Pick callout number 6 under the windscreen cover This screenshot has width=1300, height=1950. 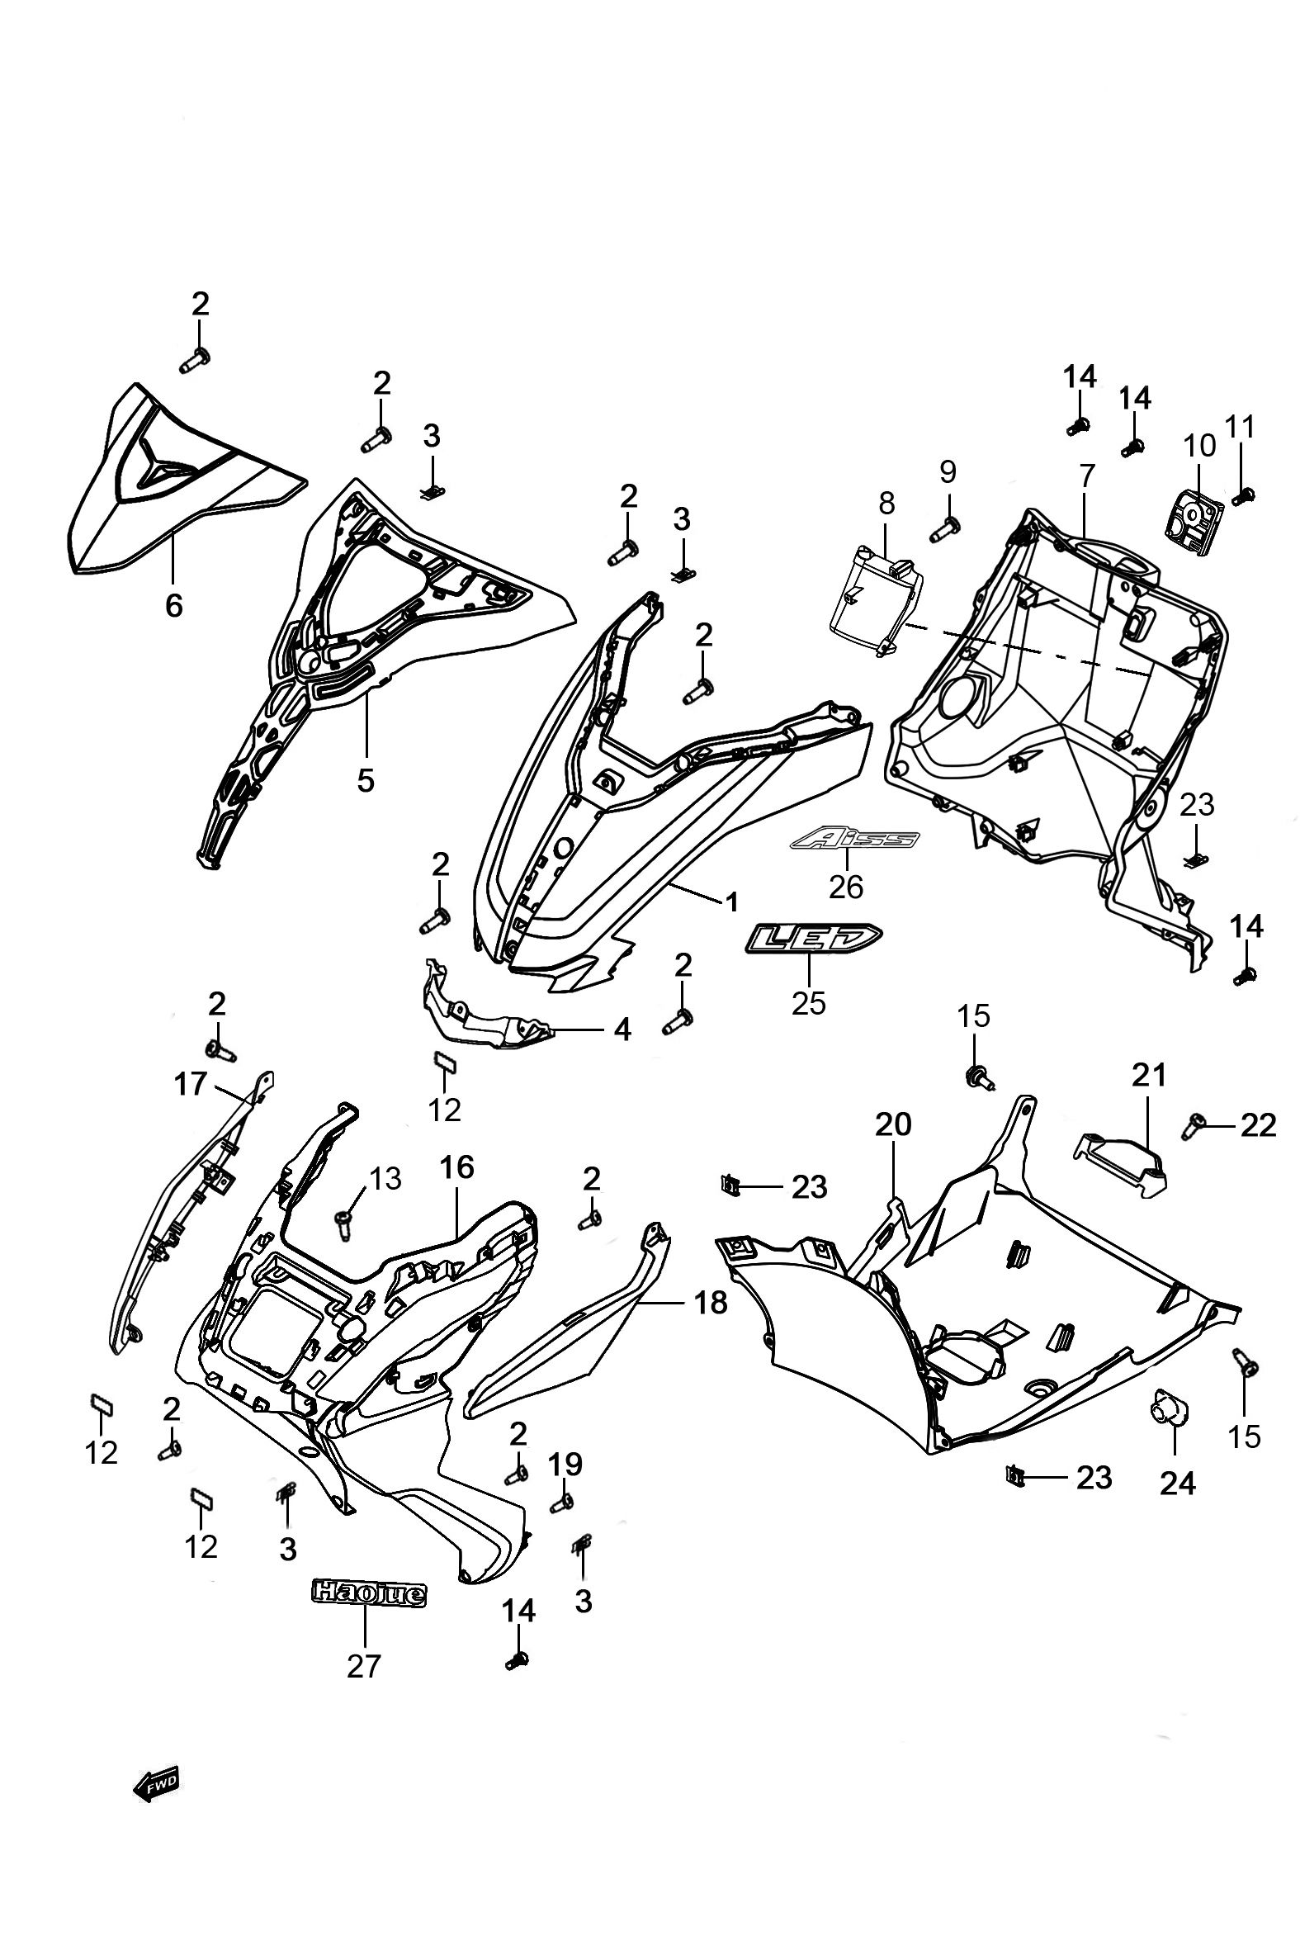173,606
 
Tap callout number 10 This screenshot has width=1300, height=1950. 1199,445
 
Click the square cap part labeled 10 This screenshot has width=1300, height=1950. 1194,504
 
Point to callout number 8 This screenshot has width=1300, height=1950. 886,503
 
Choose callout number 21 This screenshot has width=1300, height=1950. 1149,1075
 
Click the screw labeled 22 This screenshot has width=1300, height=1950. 1194,1124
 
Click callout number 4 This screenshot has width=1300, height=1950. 623,1029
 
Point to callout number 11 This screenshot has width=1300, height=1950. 1241,427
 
